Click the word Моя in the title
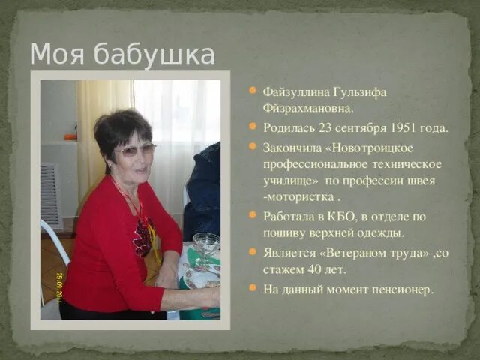[58, 54]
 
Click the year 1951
[402, 127]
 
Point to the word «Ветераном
[352, 253]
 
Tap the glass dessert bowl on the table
[205, 244]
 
